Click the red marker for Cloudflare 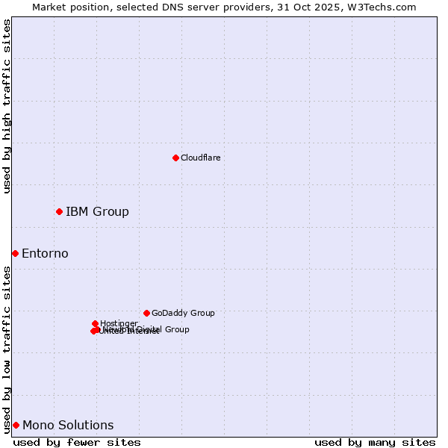[175, 158]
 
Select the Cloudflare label [200, 158]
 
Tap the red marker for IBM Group [59, 211]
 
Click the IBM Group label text [97, 211]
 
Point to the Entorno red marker [15, 253]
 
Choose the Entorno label [45, 253]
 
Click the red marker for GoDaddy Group [146, 313]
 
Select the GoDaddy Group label [183, 313]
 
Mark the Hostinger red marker [95, 323]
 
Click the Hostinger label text [119, 323]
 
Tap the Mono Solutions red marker [16, 425]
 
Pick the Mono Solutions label [68, 425]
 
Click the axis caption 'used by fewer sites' [77, 442]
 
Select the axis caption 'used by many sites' [375, 442]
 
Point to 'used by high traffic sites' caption [7, 107]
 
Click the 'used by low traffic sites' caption [7, 349]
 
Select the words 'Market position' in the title [69, 7]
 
